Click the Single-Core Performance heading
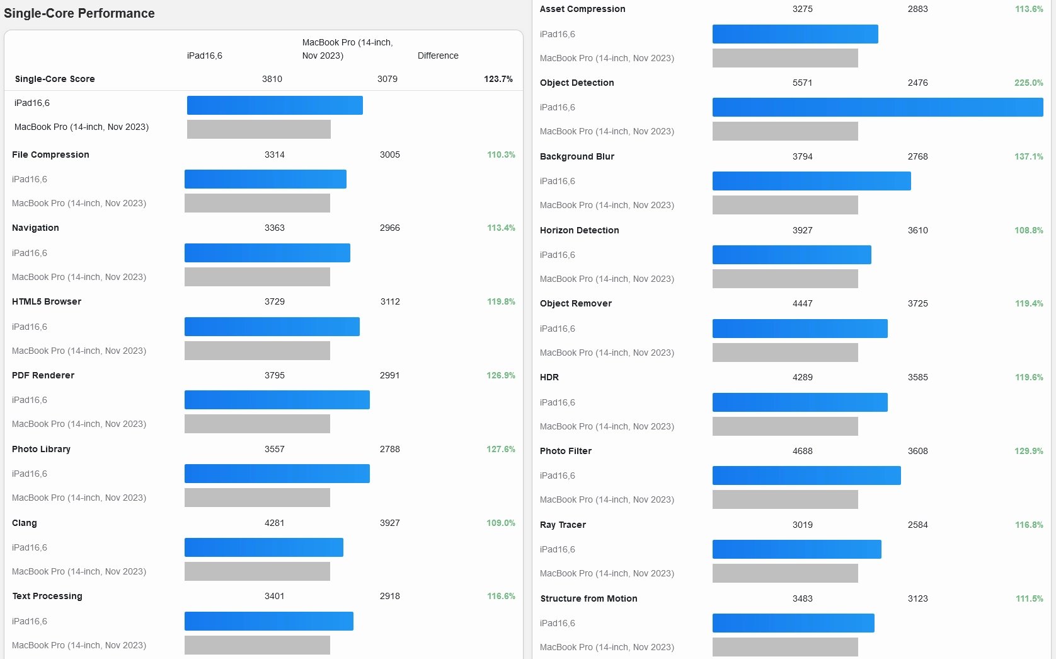coord(79,13)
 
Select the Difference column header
coord(438,55)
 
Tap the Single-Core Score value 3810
coord(272,79)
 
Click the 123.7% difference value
coord(498,79)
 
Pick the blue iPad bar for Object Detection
coord(877,107)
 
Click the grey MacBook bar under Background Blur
coord(785,205)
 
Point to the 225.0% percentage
coord(1028,83)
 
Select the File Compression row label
coord(50,155)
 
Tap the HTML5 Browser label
coord(47,301)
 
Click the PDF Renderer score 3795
coord(275,375)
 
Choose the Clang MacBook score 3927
coord(389,523)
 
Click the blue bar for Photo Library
coord(277,474)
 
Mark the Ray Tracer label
coord(563,525)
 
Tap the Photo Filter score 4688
coord(802,451)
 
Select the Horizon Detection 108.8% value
coord(1028,230)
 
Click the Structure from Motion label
coord(588,598)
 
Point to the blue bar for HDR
coord(800,402)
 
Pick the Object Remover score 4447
coord(802,303)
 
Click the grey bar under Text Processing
coord(257,645)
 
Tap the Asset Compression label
coord(582,9)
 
